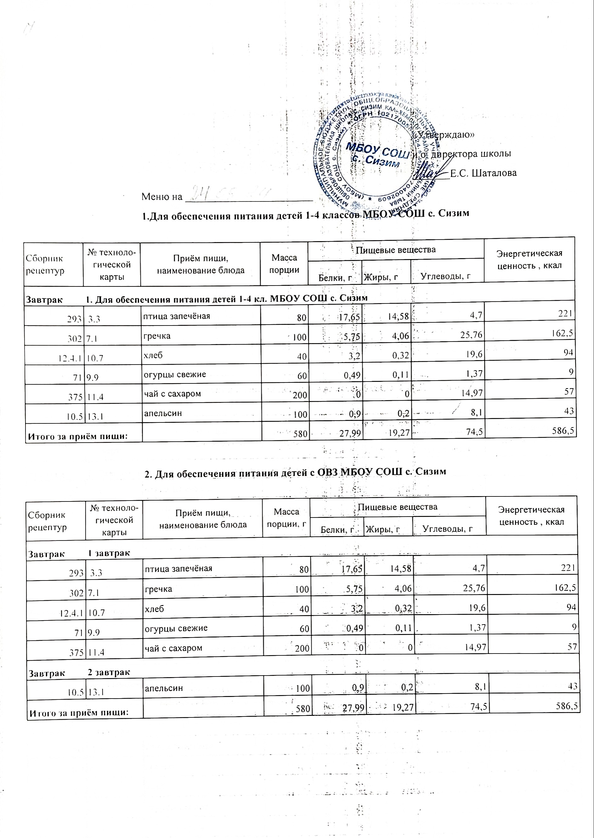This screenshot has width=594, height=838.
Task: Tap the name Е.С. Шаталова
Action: (x=483, y=173)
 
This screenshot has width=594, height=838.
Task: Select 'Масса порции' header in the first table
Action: (x=284, y=264)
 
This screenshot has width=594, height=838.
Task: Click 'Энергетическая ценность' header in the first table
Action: (x=529, y=259)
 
